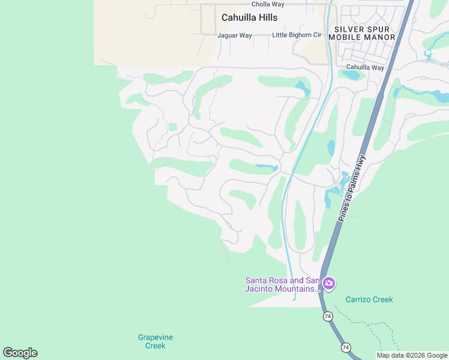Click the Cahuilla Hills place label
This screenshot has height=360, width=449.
pos(249,17)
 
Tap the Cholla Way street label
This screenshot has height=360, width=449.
pos(268,4)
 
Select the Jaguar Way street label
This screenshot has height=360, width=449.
pos(235,35)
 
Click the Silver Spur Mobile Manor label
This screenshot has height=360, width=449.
pos(364,33)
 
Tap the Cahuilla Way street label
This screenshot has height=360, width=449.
pos(365,67)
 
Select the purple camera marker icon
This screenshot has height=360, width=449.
pos(328,283)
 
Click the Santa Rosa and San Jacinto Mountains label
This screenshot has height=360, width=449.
pos(282,284)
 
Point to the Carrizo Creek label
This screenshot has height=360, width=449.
pos(369,299)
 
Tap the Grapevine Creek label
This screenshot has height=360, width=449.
pos(151,341)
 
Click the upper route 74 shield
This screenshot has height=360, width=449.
pos(327,316)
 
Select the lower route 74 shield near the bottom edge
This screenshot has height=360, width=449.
pos(346,347)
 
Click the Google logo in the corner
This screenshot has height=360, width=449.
pos(20,353)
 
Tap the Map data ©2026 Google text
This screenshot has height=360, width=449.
pos(412,355)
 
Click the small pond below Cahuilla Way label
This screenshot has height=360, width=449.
pos(351,76)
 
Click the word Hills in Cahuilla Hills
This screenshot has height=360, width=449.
pos(266,17)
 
